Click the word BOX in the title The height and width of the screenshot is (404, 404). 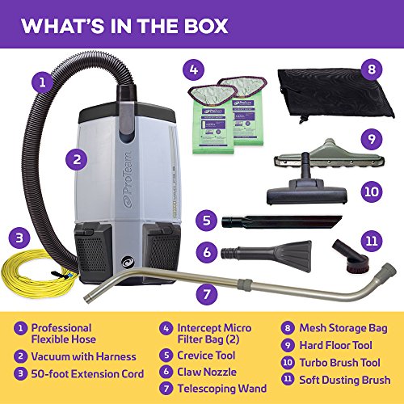(x=214, y=25)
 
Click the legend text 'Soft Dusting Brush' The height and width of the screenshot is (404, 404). (x=343, y=379)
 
